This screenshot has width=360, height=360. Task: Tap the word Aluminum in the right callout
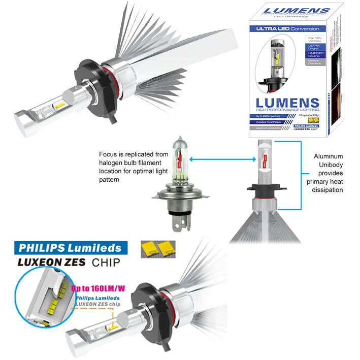point(329,157)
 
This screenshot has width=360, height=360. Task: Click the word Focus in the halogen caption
point(109,153)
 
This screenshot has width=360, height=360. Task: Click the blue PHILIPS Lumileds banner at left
point(70,247)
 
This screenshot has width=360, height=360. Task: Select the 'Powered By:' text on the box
point(309,115)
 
